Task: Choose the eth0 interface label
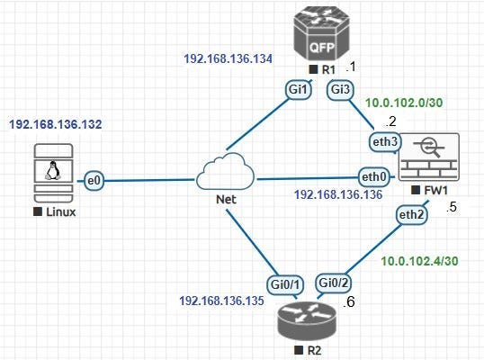[372, 175]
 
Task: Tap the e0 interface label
[92, 182]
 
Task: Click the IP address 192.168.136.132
[60, 122]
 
